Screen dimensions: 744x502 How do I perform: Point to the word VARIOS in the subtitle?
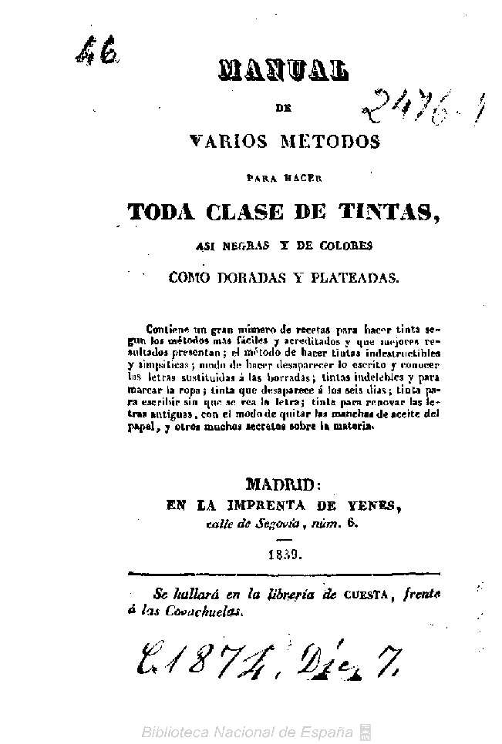228,142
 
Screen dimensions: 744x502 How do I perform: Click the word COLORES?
342,246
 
